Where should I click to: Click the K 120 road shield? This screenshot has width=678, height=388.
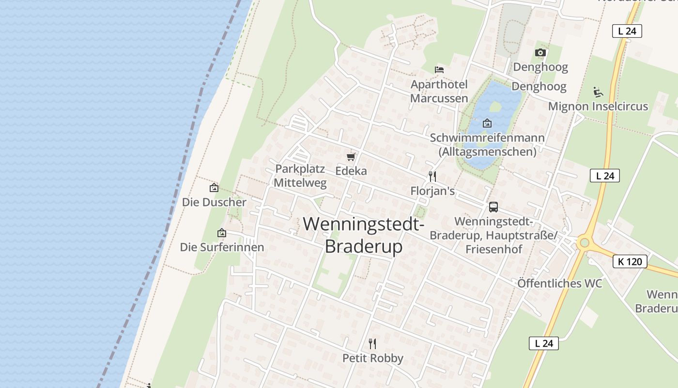630,261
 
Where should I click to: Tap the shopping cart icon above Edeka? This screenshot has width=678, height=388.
351,157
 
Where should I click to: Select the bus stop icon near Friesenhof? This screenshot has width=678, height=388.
493,207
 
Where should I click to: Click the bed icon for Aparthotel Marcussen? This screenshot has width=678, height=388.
439,70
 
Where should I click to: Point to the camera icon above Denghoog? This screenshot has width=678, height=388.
540,52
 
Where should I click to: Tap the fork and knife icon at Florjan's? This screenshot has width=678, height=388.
432,176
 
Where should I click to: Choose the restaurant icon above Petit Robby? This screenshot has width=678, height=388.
372,344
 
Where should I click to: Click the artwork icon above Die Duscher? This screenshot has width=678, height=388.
214,188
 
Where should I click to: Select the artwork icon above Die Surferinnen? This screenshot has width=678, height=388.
222,233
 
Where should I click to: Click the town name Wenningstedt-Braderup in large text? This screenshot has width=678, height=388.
364,235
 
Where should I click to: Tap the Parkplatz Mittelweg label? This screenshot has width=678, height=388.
300,176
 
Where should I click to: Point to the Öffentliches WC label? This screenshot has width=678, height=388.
560,283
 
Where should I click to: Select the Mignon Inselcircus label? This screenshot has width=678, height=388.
598,106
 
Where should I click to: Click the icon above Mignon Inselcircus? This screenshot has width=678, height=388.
598,92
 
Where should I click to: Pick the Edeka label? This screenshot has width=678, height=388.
351,171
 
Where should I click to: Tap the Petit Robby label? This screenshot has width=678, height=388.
373,358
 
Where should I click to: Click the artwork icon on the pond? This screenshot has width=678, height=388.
487,123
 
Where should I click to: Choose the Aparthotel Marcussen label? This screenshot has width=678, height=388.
439,91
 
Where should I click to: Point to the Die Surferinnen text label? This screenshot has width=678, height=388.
222,247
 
